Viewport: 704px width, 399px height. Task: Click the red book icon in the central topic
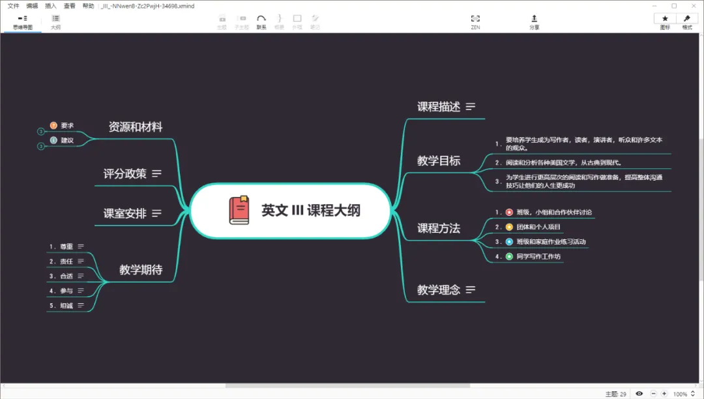point(239,211)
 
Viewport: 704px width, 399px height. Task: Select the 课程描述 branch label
point(439,107)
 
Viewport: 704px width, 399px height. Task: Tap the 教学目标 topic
point(439,160)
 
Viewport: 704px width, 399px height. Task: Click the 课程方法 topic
point(439,228)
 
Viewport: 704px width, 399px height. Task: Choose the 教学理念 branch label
point(439,289)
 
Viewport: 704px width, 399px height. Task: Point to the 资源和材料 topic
point(136,127)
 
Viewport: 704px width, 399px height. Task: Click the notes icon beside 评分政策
point(156,173)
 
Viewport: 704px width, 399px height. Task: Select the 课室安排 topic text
point(125,213)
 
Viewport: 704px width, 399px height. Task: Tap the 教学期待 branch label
point(141,269)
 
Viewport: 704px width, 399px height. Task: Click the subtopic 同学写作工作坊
point(538,256)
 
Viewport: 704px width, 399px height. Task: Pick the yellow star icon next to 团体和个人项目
point(509,227)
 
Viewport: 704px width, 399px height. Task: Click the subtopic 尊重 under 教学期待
point(66,246)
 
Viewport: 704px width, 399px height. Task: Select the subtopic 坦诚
point(66,305)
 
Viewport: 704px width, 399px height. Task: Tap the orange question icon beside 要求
point(53,125)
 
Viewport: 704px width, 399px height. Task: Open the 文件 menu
point(13,5)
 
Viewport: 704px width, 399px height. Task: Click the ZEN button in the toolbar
point(475,22)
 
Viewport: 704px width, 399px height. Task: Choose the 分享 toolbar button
point(535,22)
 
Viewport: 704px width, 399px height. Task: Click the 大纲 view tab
point(55,22)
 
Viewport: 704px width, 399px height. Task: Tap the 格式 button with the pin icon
point(687,22)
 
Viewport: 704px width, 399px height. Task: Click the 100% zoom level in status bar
point(680,394)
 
